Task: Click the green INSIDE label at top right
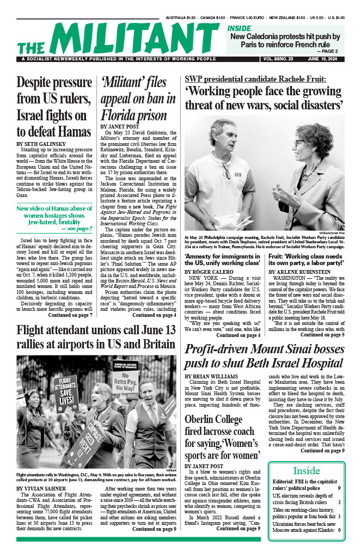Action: pyautogui.click(x=239, y=28)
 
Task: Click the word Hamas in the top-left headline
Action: pyautogui.click(x=66, y=131)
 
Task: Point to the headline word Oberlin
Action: pyautogui.click(x=205, y=420)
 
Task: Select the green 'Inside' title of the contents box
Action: pyautogui.click(x=306, y=470)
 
